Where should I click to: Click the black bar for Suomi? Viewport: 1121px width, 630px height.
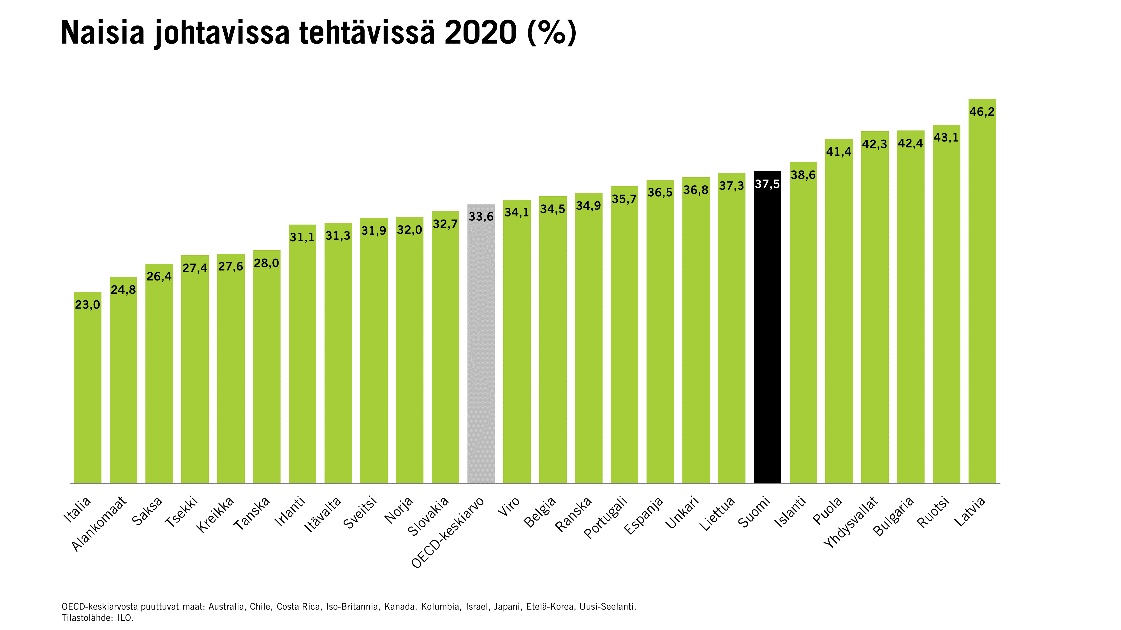[767, 330]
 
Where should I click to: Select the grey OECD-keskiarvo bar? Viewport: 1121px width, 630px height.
[481, 348]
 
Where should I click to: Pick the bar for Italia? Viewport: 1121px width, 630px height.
[87, 391]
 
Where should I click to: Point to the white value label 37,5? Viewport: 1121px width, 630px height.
[767, 184]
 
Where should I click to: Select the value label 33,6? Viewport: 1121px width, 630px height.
[481, 216]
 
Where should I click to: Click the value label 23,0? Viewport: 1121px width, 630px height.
[87, 305]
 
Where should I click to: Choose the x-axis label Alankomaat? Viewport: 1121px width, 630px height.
[99, 524]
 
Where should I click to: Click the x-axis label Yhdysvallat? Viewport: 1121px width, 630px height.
[851, 522]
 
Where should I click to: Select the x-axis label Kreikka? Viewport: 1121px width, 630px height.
[215, 515]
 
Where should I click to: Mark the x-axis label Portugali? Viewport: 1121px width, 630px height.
[605, 517]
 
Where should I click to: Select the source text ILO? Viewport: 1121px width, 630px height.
[125, 618]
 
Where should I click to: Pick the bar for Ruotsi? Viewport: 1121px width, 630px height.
[946, 304]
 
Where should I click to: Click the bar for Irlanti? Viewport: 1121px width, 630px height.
[302, 356]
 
